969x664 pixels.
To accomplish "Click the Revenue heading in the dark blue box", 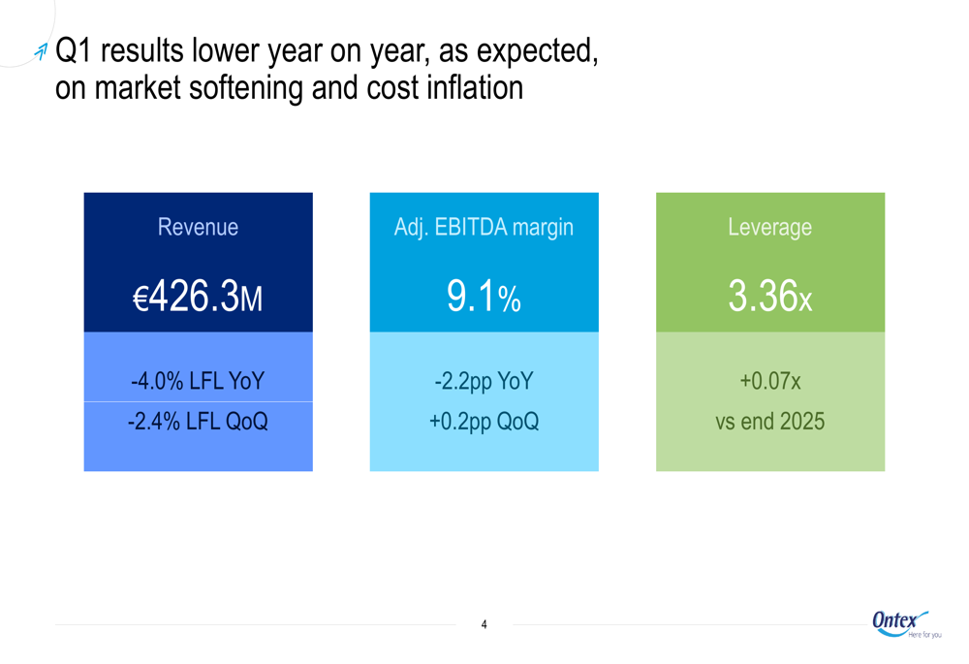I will click(x=198, y=228).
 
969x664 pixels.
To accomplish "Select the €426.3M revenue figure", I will click(x=198, y=298).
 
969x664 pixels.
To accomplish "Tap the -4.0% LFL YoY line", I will click(x=198, y=382).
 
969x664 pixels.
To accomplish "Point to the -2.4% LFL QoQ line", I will click(x=198, y=422).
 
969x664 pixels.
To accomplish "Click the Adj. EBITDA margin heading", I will click(x=484, y=228).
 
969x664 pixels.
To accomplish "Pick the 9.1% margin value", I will click(x=484, y=298).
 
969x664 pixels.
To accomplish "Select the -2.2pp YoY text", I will click(x=484, y=382).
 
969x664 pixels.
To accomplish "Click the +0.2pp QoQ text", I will click(x=484, y=422).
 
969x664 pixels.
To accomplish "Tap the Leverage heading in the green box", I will click(x=770, y=228).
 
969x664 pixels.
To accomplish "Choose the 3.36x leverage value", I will click(x=770, y=298).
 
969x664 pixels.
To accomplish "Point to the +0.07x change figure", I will click(x=770, y=382).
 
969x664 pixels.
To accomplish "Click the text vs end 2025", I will click(x=770, y=422).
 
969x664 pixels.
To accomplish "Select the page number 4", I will click(x=484, y=625).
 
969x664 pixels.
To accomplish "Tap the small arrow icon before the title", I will click(x=40, y=51).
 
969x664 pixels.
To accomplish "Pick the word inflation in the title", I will click(x=473, y=88).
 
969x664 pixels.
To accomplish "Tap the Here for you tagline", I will click(x=924, y=636).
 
